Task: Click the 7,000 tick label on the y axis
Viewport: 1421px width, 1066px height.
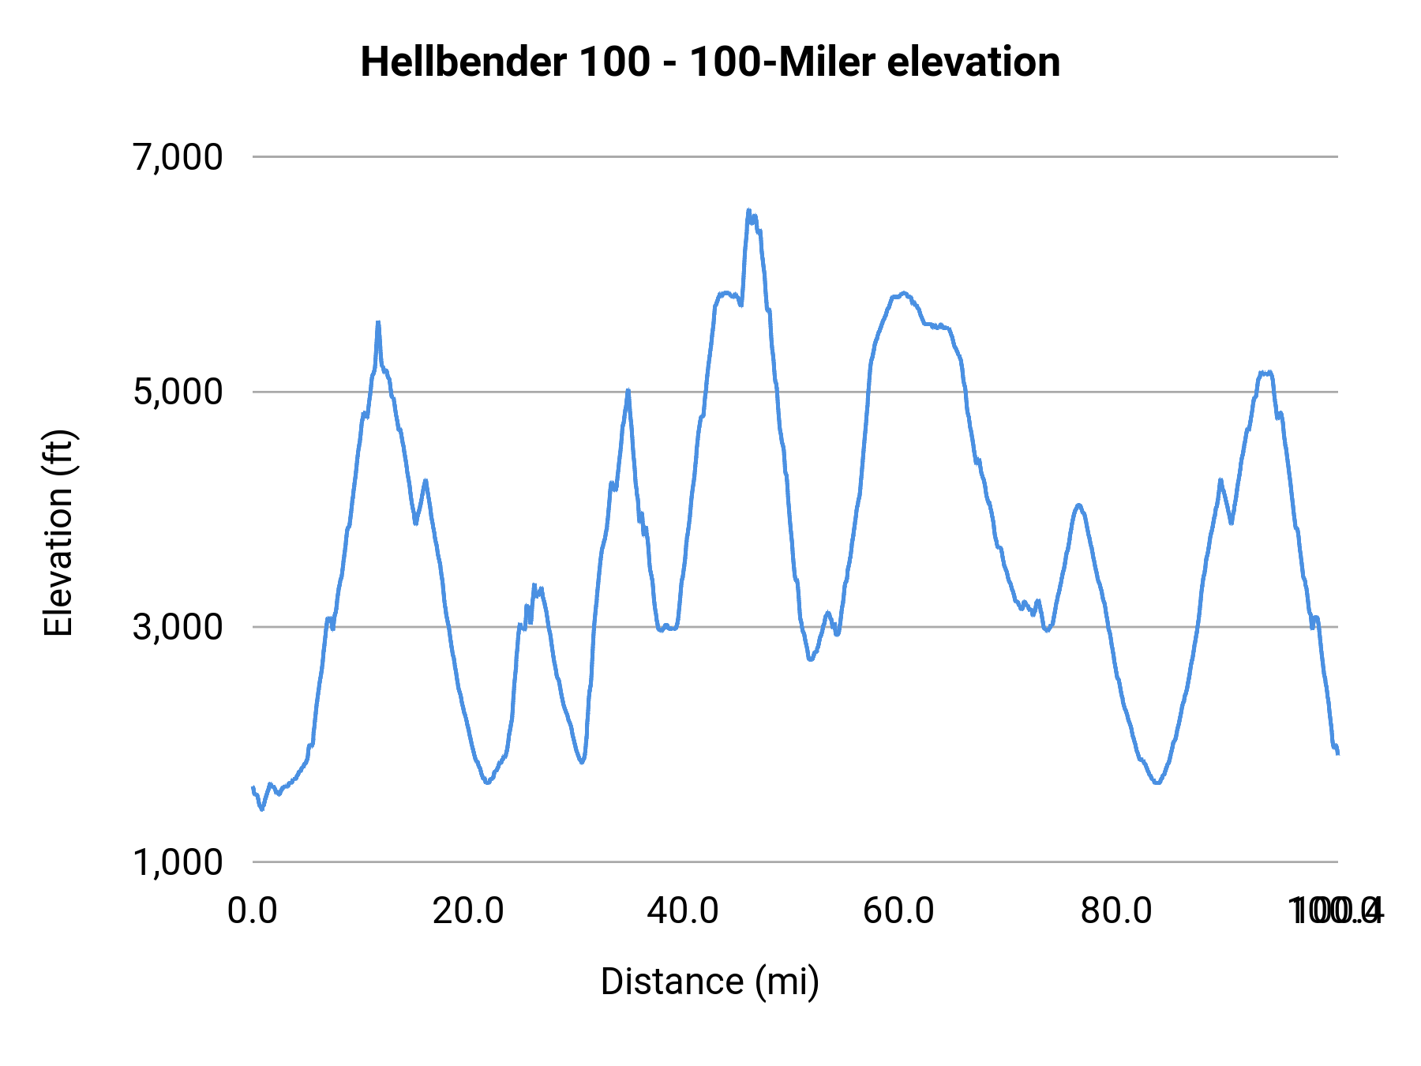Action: coord(178,157)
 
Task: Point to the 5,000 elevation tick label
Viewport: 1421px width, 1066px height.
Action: coord(178,392)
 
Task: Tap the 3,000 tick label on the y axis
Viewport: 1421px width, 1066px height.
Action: coord(178,627)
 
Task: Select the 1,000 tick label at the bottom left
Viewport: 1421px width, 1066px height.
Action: coord(178,862)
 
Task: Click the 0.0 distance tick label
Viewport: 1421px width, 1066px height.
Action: coord(253,911)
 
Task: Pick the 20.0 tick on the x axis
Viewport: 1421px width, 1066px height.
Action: coord(468,911)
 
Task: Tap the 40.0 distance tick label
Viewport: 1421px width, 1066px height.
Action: coord(684,911)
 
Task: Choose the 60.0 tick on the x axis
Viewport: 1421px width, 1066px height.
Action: coord(899,911)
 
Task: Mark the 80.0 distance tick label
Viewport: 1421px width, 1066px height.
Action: coord(1115,911)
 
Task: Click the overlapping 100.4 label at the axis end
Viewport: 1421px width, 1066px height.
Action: coord(1336,911)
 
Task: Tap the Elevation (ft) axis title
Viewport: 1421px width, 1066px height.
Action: coord(58,533)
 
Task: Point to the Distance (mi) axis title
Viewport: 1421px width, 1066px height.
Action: coord(710,982)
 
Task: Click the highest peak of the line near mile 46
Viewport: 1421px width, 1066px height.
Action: coord(748,210)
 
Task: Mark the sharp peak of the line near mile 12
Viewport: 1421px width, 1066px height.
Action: coord(378,322)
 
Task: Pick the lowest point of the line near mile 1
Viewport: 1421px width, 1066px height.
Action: coord(262,809)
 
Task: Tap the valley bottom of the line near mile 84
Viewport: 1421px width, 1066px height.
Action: coord(1157,783)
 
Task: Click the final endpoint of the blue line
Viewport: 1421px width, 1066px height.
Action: coord(1337,753)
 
